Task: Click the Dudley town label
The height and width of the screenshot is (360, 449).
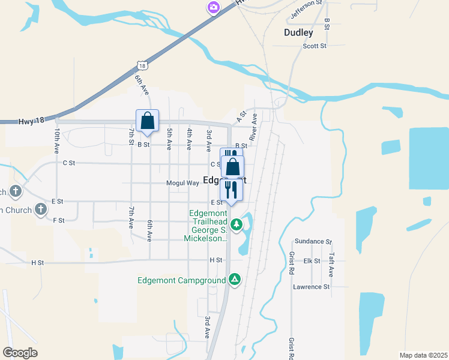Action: pyautogui.click(x=298, y=33)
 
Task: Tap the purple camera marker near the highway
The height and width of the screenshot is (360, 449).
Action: pyautogui.click(x=213, y=7)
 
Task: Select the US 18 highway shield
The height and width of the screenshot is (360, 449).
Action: pyautogui.click(x=140, y=64)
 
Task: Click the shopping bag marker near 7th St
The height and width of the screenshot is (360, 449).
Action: pyautogui.click(x=147, y=121)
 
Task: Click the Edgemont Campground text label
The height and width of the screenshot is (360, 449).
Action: pyautogui.click(x=181, y=280)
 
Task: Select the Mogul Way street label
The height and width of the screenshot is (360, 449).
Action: pyautogui.click(x=182, y=183)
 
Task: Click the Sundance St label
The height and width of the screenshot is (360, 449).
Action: pyautogui.click(x=313, y=241)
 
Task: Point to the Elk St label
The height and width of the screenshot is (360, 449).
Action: pyautogui.click(x=312, y=261)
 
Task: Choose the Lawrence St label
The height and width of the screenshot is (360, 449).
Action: pyautogui.click(x=312, y=287)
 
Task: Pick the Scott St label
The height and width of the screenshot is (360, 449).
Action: pyautogui.click(x=314, y=46)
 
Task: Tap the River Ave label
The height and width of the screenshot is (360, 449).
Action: pyautogui.click(x=254, y=127)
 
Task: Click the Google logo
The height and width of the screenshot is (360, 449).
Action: pyautogui.click(x=20, y=353)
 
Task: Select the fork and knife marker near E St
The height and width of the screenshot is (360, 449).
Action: pyautogui.click(x=231, y=190)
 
